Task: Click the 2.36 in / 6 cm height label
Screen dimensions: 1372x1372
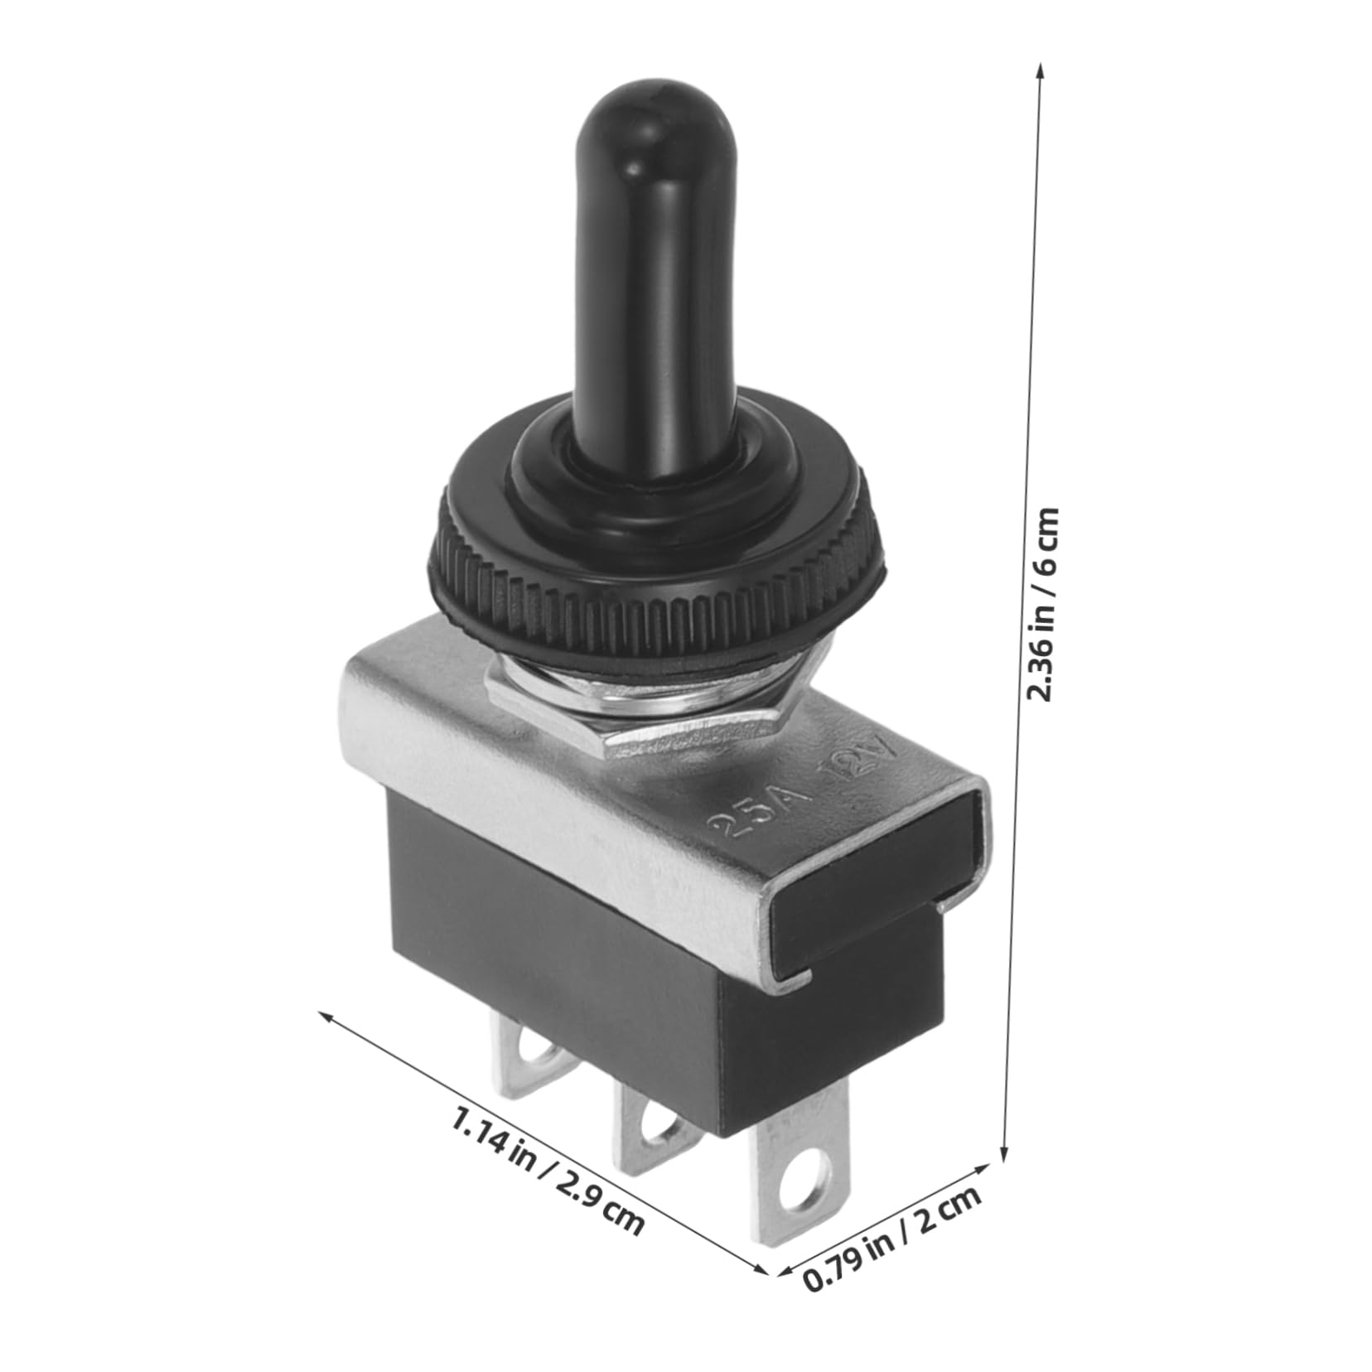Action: pos(1042,604)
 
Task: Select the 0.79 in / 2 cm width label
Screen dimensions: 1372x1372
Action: pos(893,1238)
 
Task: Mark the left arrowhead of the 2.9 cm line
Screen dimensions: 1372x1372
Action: pos(326,1014)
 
